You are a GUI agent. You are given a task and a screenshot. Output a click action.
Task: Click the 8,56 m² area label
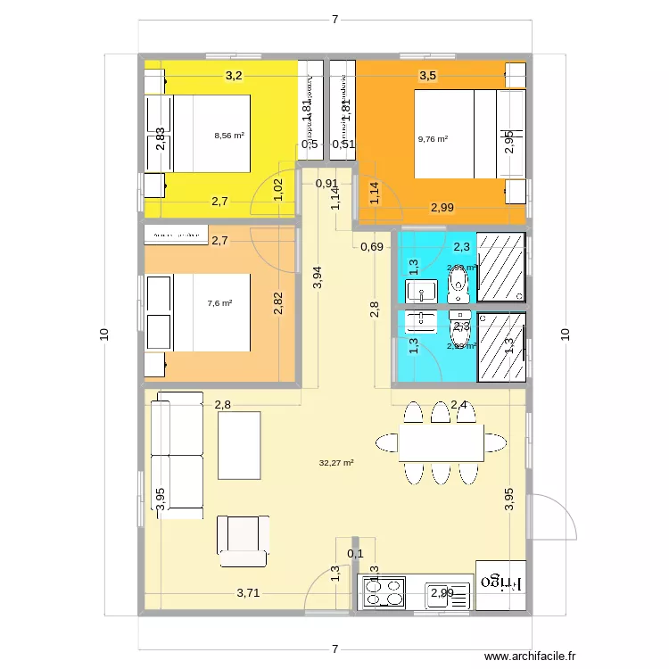tap(229, 136)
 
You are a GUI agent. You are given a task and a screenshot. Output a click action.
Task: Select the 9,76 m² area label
tap(433, 138)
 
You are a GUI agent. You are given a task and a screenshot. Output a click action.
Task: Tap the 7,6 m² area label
tap(219, 303)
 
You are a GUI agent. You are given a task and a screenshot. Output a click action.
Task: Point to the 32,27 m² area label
tap(336, 463)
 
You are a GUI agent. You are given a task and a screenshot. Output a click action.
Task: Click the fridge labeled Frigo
tap(500, 584)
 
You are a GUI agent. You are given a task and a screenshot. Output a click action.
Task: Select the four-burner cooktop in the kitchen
tap(382, 592)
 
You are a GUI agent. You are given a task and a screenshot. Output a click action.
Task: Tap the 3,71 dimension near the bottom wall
tap(250, 592)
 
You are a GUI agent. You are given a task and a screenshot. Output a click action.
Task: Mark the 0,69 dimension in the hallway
tap(371, 247)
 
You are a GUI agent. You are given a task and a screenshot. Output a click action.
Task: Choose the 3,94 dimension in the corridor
tap(318, 278)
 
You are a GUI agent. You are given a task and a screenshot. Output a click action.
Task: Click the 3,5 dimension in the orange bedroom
tap(428, 76)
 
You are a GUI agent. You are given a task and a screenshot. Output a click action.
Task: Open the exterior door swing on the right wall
tap(553, 517)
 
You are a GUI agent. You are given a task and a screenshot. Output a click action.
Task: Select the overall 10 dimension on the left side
tap(104, 334)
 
